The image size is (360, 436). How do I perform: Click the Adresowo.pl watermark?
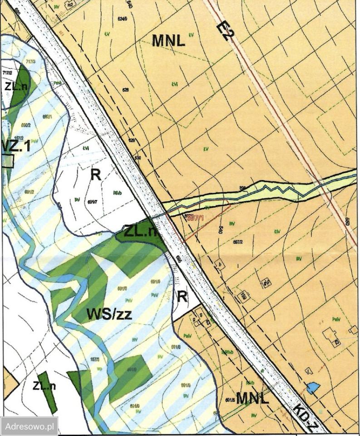coord(30,426)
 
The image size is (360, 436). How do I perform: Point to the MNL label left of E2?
coord(168,41)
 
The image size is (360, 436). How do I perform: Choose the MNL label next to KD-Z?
coord(253,398)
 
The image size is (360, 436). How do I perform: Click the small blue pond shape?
coord(313,387)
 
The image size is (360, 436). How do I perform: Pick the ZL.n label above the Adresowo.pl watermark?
coord(44,386)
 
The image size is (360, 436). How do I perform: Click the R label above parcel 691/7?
coord(95,175)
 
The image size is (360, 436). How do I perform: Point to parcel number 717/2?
coord(7,73)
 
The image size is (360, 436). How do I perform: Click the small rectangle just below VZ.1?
coord(8,161)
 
